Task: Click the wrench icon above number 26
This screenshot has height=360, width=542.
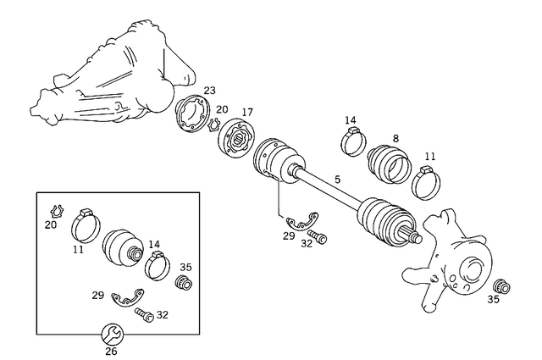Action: pos(111,331)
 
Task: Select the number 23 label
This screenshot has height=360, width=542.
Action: pos(209,91)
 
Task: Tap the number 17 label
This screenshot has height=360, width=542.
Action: pos(247,112)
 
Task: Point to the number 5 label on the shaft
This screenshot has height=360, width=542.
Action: pos(337,180)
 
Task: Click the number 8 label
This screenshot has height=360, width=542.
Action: pos(395,139)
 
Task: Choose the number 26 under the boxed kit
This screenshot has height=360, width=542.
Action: pos(111,351)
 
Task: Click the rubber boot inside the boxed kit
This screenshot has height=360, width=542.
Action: pos(123,246)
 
